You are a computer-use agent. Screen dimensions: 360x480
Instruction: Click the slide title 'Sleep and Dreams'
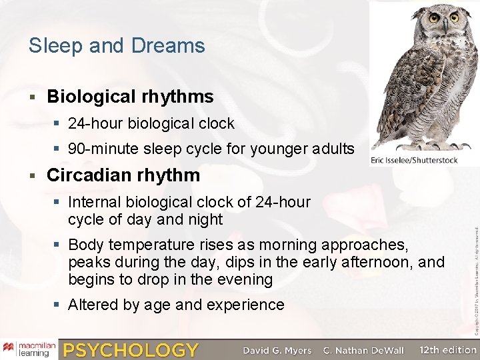(x=117, y=46)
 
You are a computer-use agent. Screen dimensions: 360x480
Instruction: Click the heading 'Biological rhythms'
(x=130, y=97)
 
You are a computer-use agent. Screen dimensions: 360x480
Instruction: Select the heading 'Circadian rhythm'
(x=123, y=175)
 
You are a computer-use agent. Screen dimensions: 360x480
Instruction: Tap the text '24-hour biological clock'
(x=151, y=123)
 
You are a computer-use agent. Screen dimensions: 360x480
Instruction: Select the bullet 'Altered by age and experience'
(x=176, y=305)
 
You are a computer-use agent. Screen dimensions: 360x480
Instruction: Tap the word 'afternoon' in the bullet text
(x=381, y=262)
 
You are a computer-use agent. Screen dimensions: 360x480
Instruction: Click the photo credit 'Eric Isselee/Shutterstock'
(x=423, y=160)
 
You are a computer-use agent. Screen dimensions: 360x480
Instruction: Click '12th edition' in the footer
(x=448, y=349)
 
